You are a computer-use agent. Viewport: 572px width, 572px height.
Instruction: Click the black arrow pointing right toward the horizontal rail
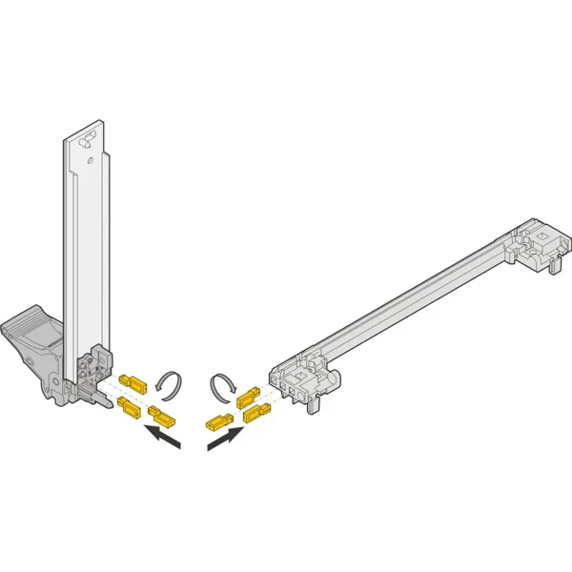(225, 438)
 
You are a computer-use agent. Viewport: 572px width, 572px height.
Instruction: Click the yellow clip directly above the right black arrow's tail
(217, 419)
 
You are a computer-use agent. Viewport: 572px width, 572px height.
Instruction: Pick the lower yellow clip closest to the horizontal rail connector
(255, 413)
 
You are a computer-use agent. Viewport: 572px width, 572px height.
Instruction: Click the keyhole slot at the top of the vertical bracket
(87, 142)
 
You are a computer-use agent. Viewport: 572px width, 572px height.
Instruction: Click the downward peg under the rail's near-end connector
(312, 404)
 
